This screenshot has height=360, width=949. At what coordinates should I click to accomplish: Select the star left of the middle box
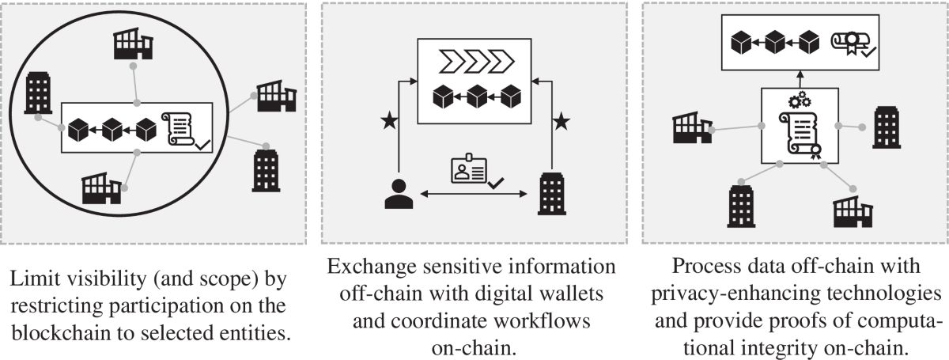point(388,121)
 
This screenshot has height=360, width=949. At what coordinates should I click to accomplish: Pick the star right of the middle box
point(561,121)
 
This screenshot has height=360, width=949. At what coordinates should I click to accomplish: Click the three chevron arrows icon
point(475,60)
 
